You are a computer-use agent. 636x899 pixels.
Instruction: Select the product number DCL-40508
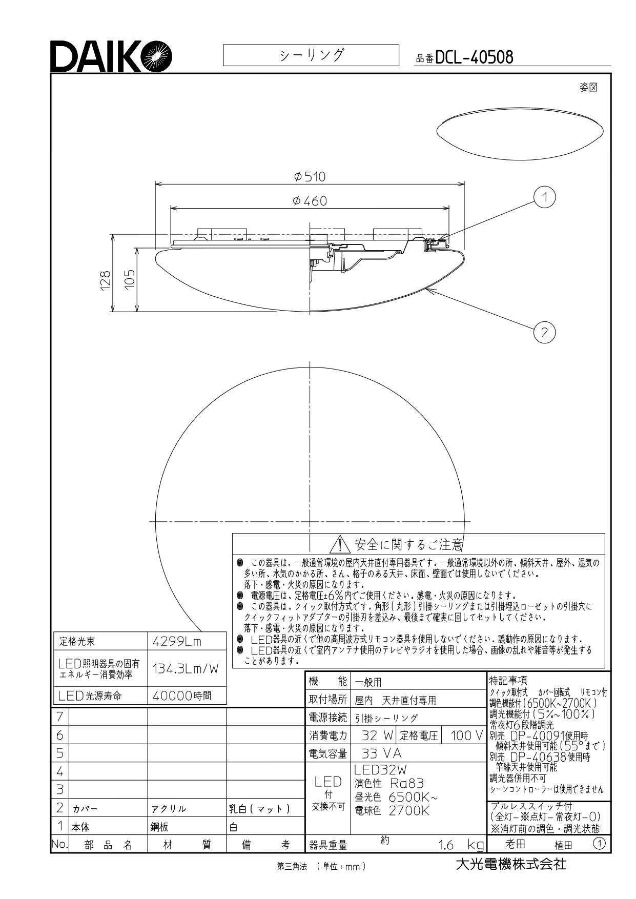474,57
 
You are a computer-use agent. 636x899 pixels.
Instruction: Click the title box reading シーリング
311,55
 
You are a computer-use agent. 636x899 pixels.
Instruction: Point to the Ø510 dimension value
310,177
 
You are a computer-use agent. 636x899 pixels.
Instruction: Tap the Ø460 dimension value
310,201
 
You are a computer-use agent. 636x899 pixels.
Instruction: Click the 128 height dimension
106,281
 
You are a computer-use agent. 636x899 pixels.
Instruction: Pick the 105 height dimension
130,280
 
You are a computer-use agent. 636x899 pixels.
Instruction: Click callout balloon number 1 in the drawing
545,197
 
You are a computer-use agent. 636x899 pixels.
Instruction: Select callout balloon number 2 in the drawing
544,333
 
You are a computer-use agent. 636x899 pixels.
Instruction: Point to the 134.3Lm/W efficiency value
186,668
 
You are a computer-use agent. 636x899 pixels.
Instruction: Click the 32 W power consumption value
377,735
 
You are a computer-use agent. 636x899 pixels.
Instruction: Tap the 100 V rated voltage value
467,735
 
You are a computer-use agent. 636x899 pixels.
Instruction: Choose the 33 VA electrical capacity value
382,753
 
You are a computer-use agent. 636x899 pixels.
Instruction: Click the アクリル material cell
169,809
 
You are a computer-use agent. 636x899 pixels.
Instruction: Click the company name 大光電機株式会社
511,864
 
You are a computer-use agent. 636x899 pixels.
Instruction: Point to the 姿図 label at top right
589,87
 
